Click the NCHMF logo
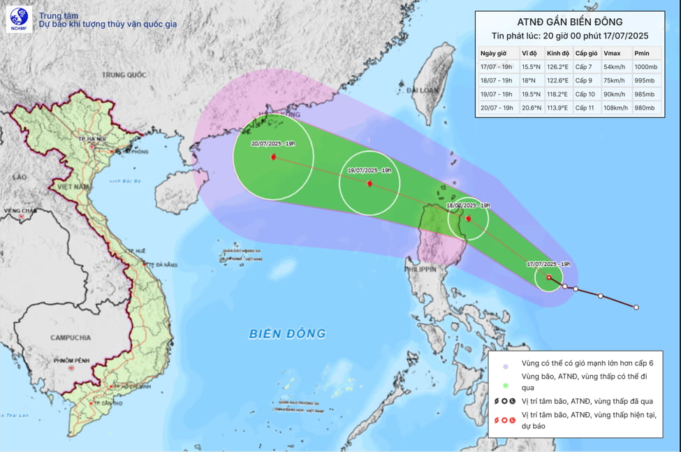pyautogui.click(x=19, y=20)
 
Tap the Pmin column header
pyautogui.click(x=642, y=54)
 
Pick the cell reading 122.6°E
pyautogui.click(x=558, y=80)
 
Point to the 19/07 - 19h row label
pyautogui.click(x=497, y=94)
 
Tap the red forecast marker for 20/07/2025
pyautogui.click(x=272, y=157)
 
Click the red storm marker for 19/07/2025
pyautogui.click(x=369, y=184)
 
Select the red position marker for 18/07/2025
pyautogui.click(x=467, y=219)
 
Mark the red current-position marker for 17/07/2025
pyautogui.click(x=549, y=277)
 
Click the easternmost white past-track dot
pyautogui.click(x=636, y=307)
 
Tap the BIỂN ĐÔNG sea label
pyautogui.click(x=287, y=334)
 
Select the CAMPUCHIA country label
pyautogui.click(x=70, y=337)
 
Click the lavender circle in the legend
pyautogui.click(x=505, y=363)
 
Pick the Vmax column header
pyautogui.click(x=612, y=54)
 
